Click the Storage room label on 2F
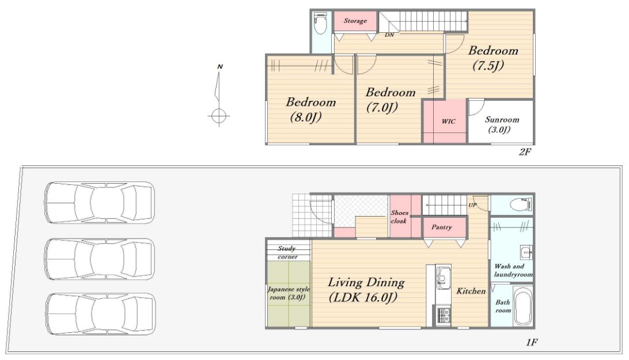(x=355, y=21)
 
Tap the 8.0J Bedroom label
(x=310, y=109)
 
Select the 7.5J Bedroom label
(x=493, y=58)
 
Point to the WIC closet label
(x=449, y=121)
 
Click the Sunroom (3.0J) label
(x=502, y=124)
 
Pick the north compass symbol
(x=218, y=95)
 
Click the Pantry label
(x=441, y=227)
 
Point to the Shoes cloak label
(x=399, y=217)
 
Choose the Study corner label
(x=287, y=252)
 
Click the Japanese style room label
(x=289, y=293)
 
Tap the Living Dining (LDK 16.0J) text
(x=366, y=289)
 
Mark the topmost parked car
(x=100, y=202)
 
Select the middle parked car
(x=100, y=259)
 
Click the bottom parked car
(x=100, y=313)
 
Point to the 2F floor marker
(x=525, y=151)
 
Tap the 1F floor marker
(x=532, y=342)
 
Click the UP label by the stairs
(x=472, y=205)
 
